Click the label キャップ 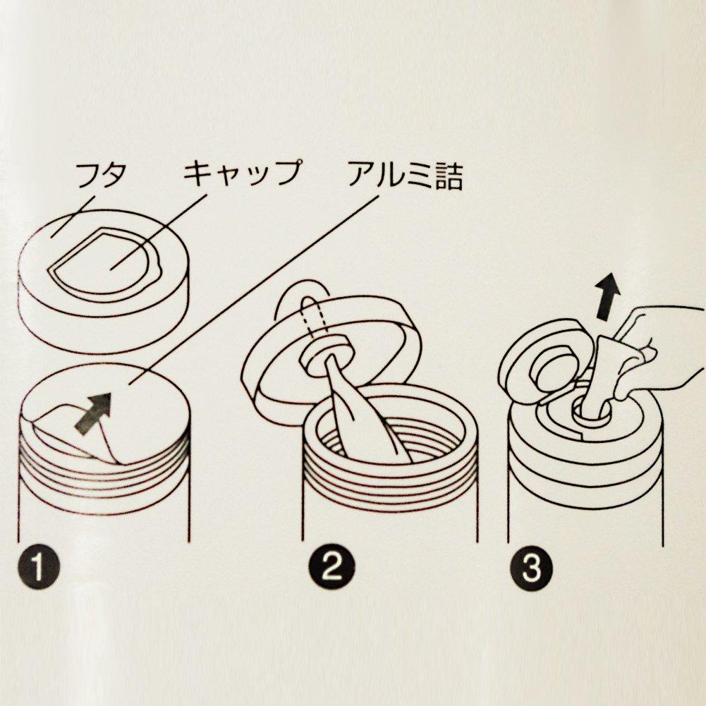tap(241, 174)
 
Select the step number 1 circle tap(38, 568)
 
